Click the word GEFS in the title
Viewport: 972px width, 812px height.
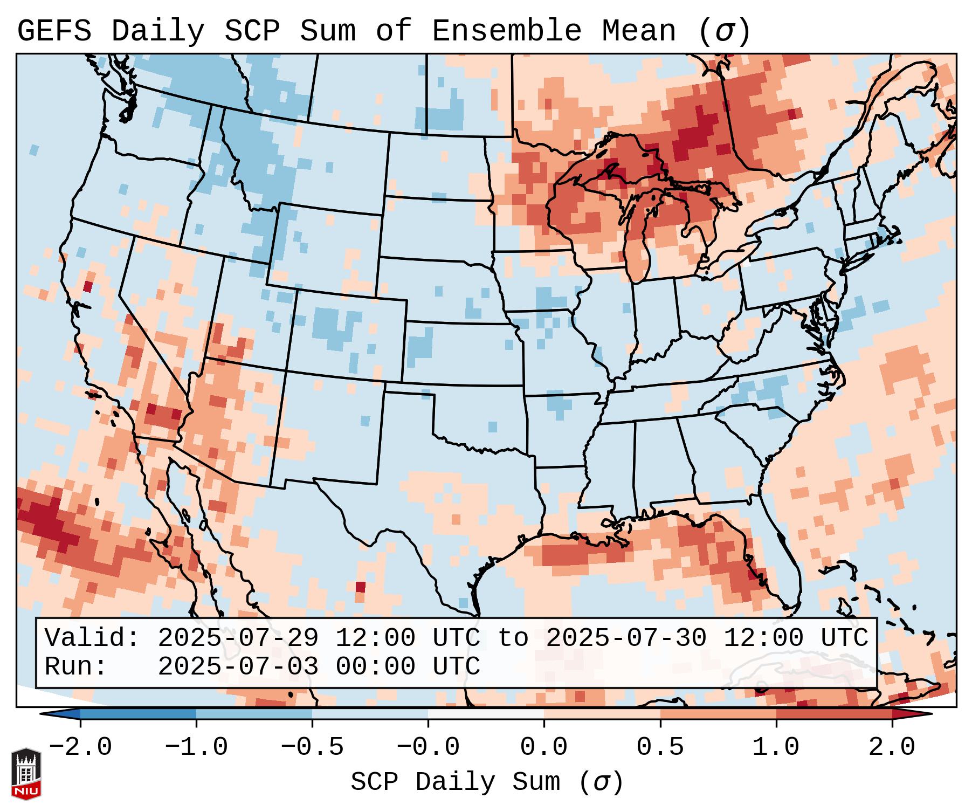54,31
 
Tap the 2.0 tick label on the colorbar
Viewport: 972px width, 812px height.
892,747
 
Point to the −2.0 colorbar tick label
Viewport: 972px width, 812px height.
80,747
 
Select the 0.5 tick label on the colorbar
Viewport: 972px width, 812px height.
660,747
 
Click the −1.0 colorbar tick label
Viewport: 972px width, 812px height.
196,747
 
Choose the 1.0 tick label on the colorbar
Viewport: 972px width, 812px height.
776,747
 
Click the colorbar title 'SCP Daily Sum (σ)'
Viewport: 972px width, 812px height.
486,782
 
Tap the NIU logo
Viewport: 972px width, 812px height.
26,774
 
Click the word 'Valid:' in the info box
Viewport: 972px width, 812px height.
92,638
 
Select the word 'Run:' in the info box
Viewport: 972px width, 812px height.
76,666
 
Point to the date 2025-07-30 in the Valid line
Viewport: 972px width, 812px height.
626,638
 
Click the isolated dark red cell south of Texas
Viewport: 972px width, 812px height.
361,587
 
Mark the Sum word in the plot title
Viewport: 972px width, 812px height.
327,31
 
